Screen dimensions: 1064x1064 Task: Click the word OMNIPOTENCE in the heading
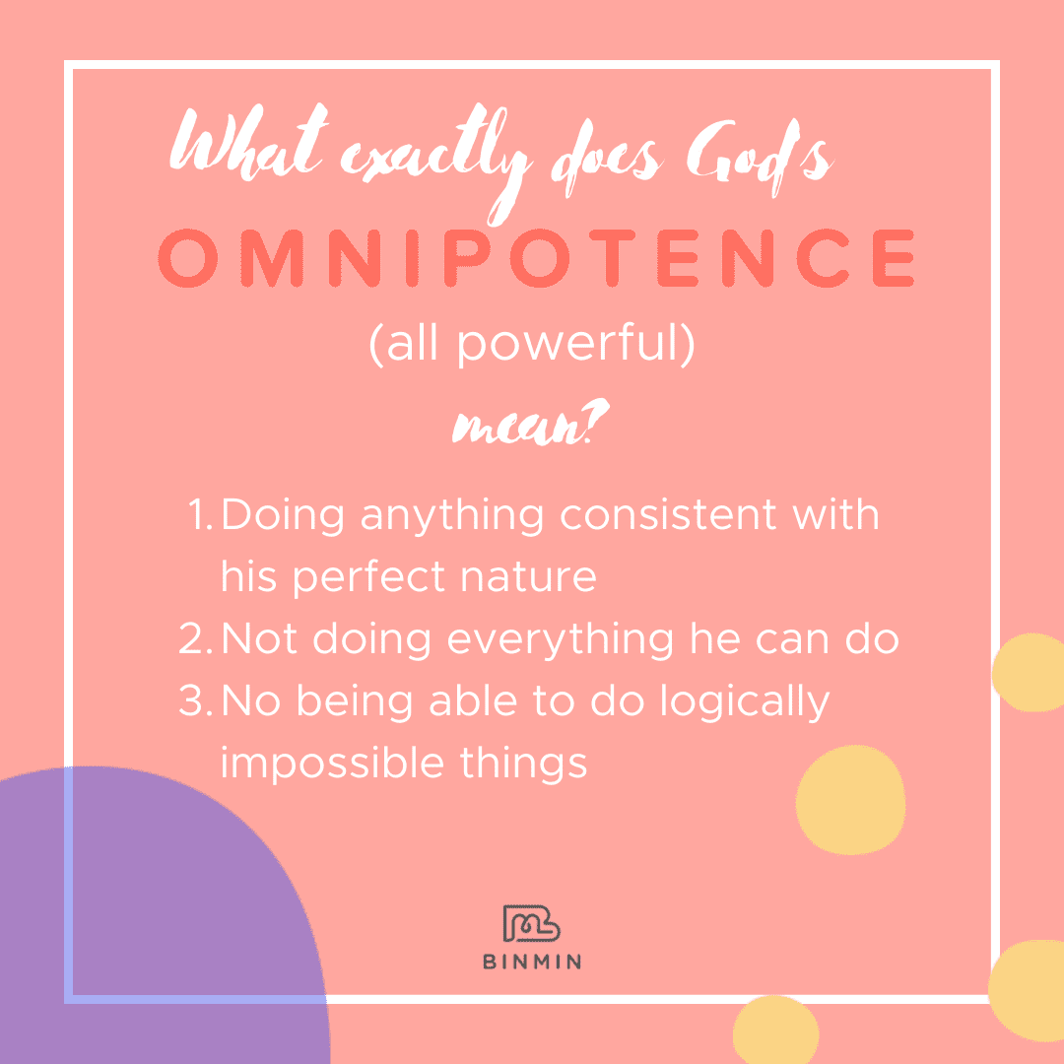click(536, 258)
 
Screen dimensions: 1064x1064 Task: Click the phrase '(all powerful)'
click(532, 344)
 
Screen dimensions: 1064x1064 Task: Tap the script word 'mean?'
click(531, 424)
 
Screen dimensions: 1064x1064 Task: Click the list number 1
click(199, 514)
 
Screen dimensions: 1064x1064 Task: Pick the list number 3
click(195, 700)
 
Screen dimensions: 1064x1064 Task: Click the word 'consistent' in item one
click(668, 514)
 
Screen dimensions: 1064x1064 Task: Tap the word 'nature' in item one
click(529, 577)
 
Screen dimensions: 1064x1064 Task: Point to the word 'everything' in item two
click(561, 640)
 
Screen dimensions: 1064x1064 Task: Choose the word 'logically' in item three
click(745, 701)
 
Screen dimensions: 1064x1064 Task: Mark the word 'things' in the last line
click(523, 765)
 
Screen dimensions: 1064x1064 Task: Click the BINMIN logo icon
click(531, 923)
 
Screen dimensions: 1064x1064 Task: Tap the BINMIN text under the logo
click(532, 962)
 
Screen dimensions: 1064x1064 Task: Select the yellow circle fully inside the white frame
click(850, 800)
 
